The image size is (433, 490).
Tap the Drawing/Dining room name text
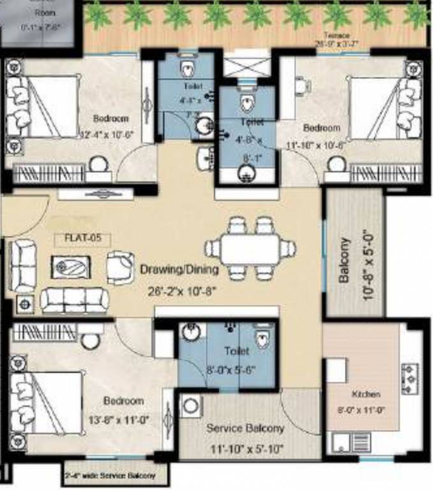tap(179, 269)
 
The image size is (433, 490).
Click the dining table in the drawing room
tap(250, 249)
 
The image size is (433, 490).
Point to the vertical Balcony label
tap(344, 260)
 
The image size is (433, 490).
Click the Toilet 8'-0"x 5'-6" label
tap(237, 359)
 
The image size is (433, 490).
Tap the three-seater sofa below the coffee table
tap(74, 299)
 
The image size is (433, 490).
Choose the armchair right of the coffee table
tap(119, 265)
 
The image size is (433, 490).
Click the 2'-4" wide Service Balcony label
tap(110, 476)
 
